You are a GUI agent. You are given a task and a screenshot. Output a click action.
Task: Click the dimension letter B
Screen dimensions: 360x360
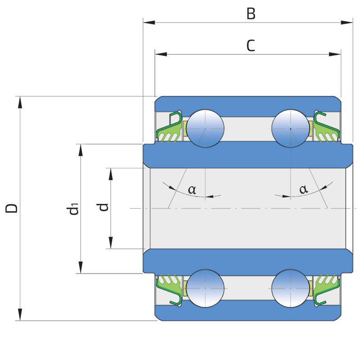pyautogui.click(x=251, y=14)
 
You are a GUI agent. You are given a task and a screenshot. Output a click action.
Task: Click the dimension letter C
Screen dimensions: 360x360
pyautogui.click(x=251, y=46)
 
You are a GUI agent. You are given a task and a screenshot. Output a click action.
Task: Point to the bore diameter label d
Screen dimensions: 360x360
pyautogui.click(x=103, y=207)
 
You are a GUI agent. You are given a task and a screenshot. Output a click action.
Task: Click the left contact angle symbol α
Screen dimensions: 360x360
pyautogui.click(x=192, y=189)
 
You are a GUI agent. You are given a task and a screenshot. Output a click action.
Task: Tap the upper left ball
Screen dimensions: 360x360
pyautogui.click(x=205, y=128)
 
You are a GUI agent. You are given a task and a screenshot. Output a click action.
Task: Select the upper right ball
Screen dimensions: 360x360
pyautogui.click(x=291, y=128)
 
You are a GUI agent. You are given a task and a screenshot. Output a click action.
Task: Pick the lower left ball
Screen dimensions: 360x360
pyautogui.click(x=205, y=288)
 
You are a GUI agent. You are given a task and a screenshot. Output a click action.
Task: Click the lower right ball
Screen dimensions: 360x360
pyautogui.click(x=291, y=288)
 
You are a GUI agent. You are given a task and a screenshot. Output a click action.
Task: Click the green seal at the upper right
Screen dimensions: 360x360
pyautogui.click(x=326, y=130)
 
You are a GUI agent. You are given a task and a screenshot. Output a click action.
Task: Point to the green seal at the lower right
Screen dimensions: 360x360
pyautogui.click(x=326, y=287)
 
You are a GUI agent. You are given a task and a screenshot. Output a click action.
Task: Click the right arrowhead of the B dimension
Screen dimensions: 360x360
pyautogui.click(x=347, y=22)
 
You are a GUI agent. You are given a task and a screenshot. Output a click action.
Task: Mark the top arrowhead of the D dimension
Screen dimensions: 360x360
pyautogui.click(x=20, y=102)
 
